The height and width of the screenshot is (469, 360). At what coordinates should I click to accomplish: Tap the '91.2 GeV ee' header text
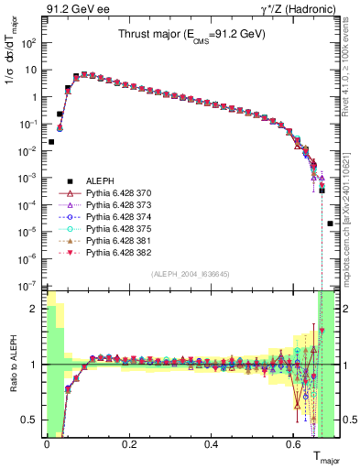click(73, 9)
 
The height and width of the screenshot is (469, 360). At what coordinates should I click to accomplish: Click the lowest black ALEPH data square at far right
click(330, 223)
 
